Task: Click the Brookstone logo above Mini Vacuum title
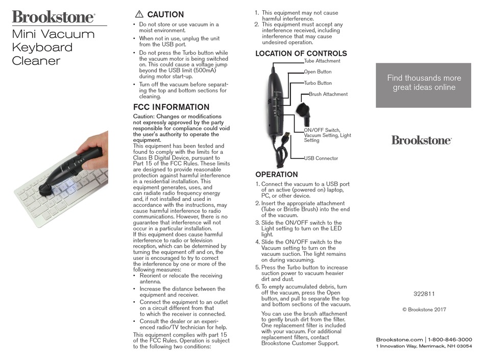tap(54, 17)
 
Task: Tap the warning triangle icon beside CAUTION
tap(139, 14)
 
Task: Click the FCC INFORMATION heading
tap(171, 107)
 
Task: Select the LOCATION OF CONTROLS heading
tap(301, 54)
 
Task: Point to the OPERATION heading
tap(276, 174)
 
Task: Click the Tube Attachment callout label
tap(322, 61)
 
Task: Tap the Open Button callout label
tap(318, 72)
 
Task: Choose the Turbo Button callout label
tap(318, 83)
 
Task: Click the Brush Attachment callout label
tap(328, 94)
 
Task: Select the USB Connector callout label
tap(321, 158)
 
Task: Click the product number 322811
tap(424, 294)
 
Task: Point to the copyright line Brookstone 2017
tap(424, 309)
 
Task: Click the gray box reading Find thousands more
tap(423, 85)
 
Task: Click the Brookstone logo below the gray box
tap(421, 140)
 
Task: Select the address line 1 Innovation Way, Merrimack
tap(424, 347)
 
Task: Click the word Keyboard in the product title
tap(42, 47)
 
